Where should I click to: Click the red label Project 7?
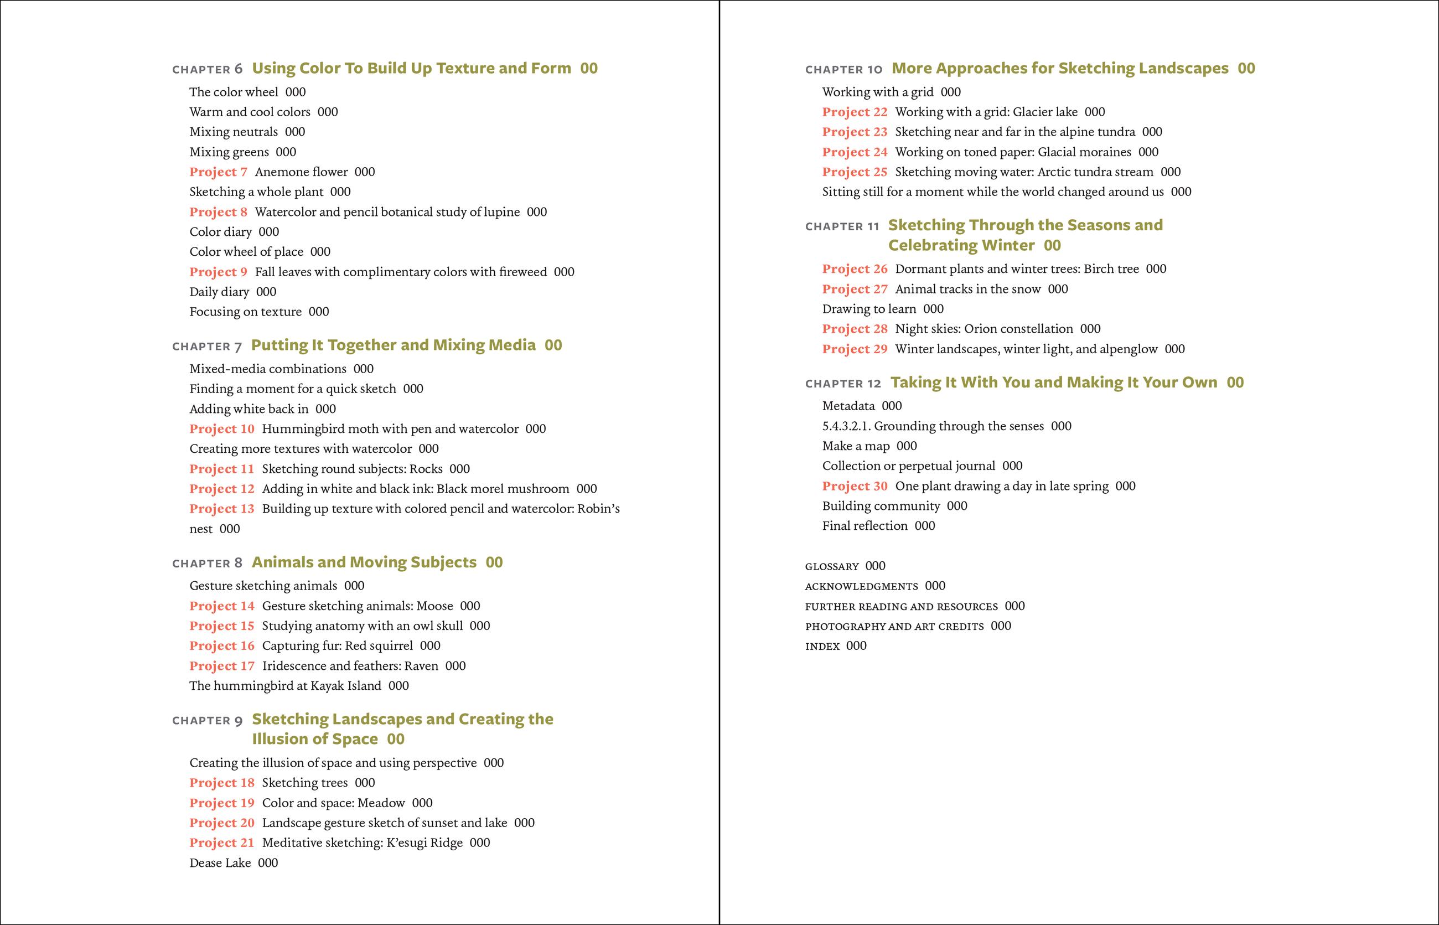[x=218, y=172]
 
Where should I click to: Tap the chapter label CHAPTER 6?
[x=207, y=69]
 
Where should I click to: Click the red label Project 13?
[x=221, y=509]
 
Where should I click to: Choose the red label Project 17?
[x=221, y=665]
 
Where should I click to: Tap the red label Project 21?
[x=221, y=843]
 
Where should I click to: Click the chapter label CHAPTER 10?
[x=844, y=69]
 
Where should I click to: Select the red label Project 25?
[x=855, y=172]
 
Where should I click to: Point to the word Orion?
[x=981, y=329]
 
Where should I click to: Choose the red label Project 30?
[x=855, y=486]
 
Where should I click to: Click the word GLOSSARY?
[x=832, y=566]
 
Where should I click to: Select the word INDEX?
[x=822, y=647]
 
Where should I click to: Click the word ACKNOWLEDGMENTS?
[x=861, y=586]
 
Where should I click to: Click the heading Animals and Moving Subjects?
[x=364, y=562]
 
